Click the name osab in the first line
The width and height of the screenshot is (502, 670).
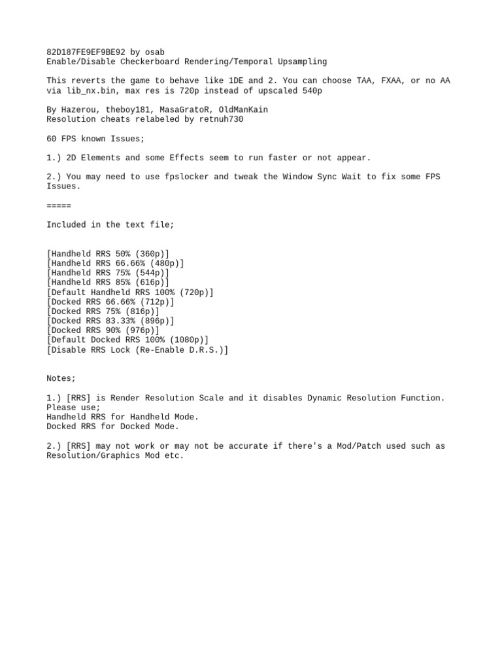pos(155,52)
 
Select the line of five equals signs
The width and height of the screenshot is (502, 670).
pos(59,205)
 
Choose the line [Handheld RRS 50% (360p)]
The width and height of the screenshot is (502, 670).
pos(108,253)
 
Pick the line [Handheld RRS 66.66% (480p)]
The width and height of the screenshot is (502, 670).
pos(115,263)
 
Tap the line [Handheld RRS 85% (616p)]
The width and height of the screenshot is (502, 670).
pos(108,282)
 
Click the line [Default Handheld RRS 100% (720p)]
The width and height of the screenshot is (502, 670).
pos(130,292)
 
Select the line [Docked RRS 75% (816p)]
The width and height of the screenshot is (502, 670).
pos(103,311)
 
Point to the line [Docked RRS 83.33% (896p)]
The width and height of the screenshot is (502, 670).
pos(110,321)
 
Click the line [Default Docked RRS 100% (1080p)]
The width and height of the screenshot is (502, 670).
pos(127,340)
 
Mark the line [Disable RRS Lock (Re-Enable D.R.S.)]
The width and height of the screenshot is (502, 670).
pos(137,349)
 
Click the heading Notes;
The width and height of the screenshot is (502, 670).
pos(61,378)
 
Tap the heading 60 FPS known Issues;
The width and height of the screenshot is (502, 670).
pos(95,138)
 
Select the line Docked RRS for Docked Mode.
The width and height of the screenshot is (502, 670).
pos(112,426)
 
